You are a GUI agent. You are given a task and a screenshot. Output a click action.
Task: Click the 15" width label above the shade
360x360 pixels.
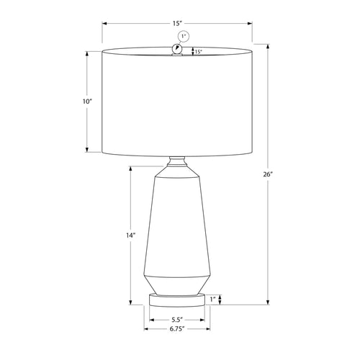pyautogui.click(x=176, y=24)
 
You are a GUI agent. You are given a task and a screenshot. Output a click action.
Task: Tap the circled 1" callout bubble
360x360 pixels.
pyautogui.click(x=184, y=35)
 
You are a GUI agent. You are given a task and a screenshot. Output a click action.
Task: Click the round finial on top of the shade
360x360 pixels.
pyautogui.click(x=176, y=48)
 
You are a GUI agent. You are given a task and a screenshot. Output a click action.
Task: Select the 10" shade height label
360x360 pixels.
pyautogui.click(x=88, y=102)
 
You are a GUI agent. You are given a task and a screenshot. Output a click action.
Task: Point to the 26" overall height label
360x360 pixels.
pyautogui.click(x=268, y=174)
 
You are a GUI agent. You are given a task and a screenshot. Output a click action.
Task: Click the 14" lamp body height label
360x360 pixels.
pyautogui.click(x=130, y=235)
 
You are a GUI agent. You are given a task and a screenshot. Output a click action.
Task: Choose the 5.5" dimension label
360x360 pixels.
pyautogui.click(x=176, y=320)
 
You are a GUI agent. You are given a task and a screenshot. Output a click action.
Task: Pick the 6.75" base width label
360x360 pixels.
pyautogui.click(x=176, y=330)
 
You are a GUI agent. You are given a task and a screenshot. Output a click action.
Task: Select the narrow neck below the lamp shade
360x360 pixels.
pyautogui.click(x=177, y=161)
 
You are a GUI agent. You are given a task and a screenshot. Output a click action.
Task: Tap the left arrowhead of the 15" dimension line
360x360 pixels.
pyautogui.click(x=104, y=24)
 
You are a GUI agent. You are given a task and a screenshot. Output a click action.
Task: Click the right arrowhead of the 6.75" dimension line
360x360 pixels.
pyautogui.click(x=212, y=330)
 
